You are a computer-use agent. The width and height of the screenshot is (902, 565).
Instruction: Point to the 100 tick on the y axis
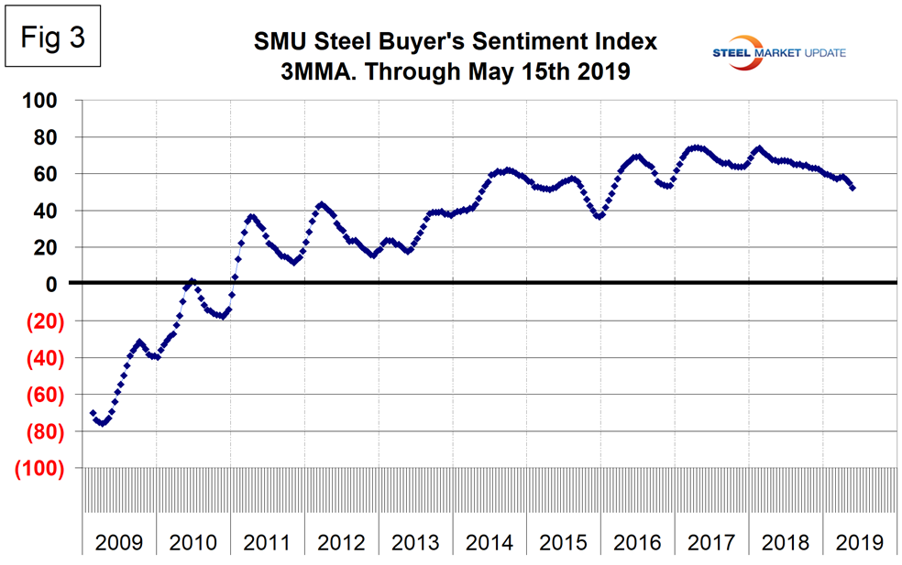tap(54, 100)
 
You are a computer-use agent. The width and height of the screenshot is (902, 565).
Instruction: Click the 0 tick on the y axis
tap(65, 284)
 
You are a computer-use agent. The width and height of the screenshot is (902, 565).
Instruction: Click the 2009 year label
tap(120, 543)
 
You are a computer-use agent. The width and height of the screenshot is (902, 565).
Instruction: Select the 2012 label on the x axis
tap(342, 543)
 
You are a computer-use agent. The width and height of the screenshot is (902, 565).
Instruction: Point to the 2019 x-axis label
tap(860, 543)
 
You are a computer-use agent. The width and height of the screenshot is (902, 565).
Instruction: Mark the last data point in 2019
tap(854, 188)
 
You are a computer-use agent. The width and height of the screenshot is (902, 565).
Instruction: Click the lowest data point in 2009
tap(103, 423)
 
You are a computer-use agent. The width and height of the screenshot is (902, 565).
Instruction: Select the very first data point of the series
tap(93, 413)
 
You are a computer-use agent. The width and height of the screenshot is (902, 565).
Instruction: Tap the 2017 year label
tap(712, 543)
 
